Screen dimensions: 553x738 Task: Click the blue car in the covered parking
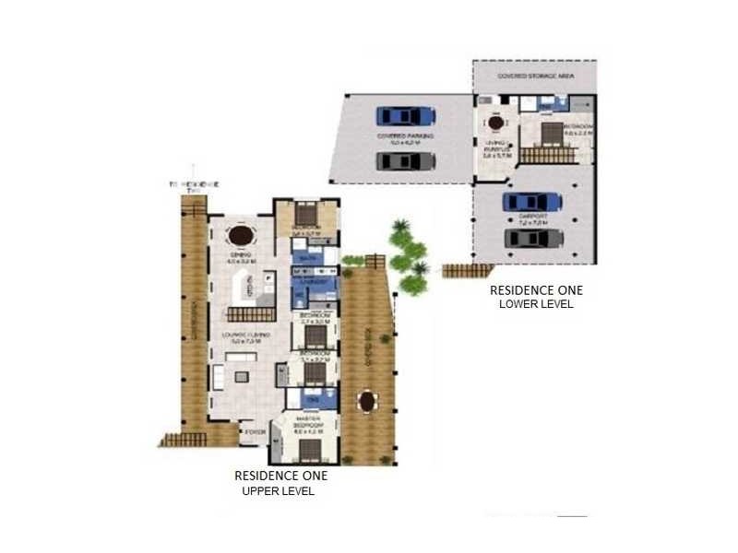[x=406, y=116]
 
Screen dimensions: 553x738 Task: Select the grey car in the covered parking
[x=406, y=161]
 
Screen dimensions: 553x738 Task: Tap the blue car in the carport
[x=532, y=201]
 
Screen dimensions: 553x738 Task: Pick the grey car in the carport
[x=532, y=239]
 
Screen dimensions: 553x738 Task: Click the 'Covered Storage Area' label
[x=535, y=76]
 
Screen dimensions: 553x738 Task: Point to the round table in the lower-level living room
[x=495, y=122]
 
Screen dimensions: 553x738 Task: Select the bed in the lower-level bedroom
[x=551, y=133]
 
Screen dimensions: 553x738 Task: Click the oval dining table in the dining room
[x=241, y=235]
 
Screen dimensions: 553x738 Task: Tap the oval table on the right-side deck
[x=368, y=402]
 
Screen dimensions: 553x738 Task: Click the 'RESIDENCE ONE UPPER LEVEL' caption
[x=280, y=483]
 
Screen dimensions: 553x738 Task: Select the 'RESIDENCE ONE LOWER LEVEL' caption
[x=537, y=296]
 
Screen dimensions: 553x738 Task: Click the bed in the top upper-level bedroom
[x=307, y=210]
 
